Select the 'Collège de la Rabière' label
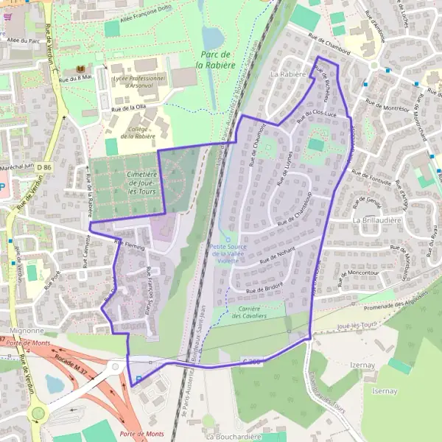click(x=138, y=132)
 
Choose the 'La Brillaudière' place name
click(x=376, y=220)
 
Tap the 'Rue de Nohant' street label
click(x=276, y=254)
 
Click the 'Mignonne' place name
click(x=27, y=331)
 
